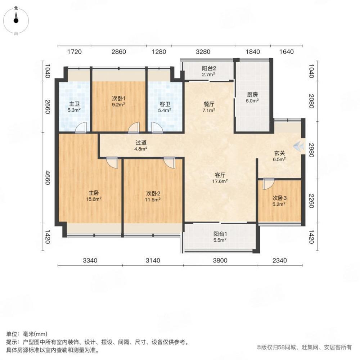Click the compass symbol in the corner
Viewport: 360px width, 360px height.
tap(16, 20)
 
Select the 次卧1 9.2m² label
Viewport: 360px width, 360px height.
tap(118, 101)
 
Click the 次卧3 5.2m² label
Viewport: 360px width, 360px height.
tap(279, 201)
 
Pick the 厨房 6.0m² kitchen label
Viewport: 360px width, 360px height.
tap(252, 98)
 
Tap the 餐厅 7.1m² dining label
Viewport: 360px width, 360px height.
tap(209, 107)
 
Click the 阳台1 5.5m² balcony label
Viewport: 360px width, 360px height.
tap(220, 236)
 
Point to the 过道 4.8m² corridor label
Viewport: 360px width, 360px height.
tap(141, 145)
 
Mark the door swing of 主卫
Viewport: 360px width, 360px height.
tap(82, 128)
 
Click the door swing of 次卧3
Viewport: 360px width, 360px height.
tap(267, 184)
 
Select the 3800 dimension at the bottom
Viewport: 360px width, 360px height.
tap(220, 260)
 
